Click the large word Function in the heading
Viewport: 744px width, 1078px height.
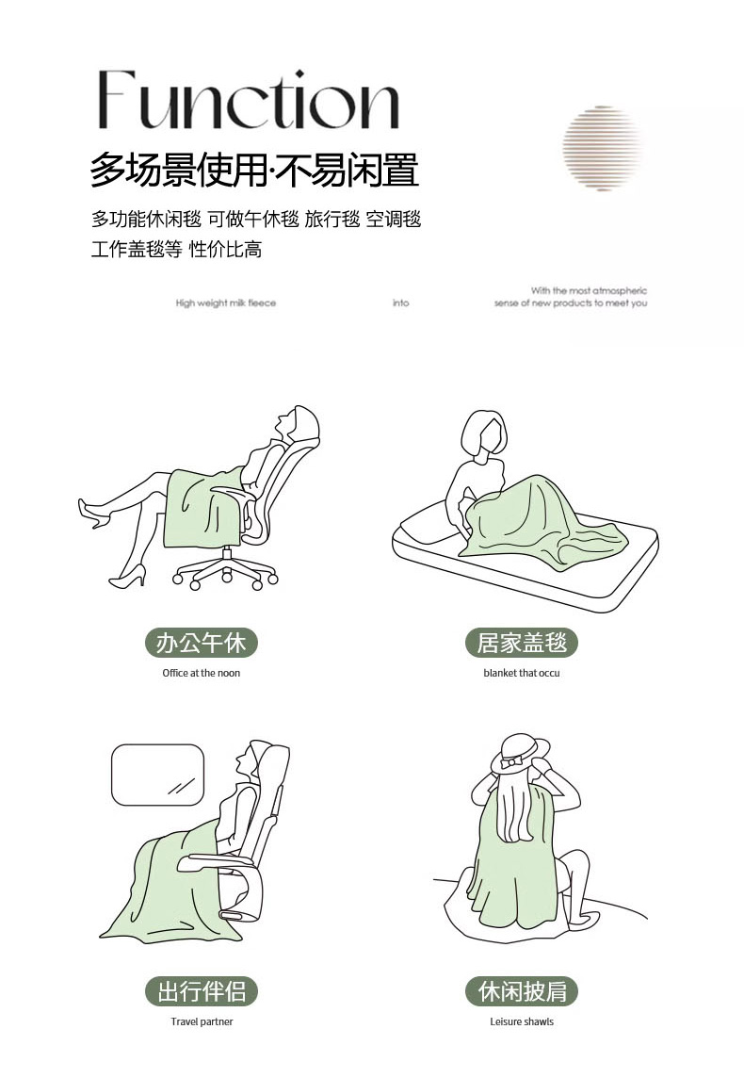249,100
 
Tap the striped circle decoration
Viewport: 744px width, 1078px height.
603,148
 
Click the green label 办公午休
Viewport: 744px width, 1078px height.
201,643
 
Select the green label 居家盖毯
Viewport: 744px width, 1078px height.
522,643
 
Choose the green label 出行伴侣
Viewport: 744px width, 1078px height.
201,991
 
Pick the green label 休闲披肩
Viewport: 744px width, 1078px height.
522,991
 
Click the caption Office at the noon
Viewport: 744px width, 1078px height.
202,673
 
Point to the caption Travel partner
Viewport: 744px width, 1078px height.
202,1021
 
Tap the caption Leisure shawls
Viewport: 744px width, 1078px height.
522,1021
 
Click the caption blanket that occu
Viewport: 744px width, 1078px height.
522,673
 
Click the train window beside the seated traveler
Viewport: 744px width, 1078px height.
158,775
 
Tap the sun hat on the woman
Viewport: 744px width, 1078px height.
520,754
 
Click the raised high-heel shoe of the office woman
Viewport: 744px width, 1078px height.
92,514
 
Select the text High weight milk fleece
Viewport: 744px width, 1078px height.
225,302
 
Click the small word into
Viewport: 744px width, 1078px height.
400,302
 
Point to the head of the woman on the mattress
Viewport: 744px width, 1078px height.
484,433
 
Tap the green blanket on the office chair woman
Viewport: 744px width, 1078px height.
204,507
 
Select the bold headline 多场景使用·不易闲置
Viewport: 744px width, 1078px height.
254,171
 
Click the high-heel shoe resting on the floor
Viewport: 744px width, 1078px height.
128,576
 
